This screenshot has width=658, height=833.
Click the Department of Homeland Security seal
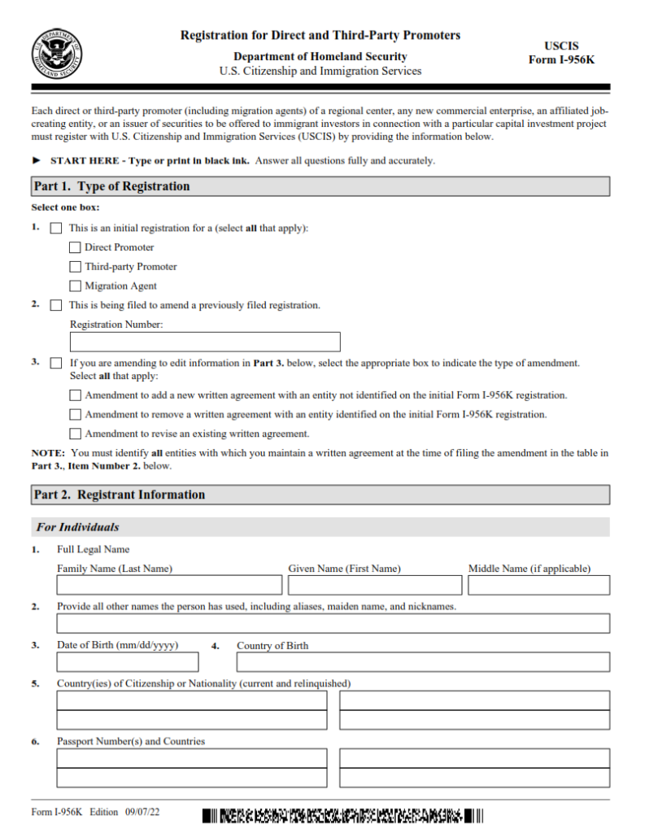(x=58, y=54)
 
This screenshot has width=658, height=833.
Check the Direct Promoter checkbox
(x=76, y=247)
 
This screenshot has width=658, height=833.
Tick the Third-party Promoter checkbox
(x=76, y=267)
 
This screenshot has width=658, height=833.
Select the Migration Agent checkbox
(x=76, y=286)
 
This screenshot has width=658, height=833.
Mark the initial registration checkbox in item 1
(x=56, y=229)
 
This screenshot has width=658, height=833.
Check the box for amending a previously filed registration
(x=56, y=306)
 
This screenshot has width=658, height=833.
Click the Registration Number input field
(x=205, y=342)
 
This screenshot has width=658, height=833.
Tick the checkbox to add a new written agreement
(x=76, y=395)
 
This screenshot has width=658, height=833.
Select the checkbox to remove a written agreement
(x=76, y=415)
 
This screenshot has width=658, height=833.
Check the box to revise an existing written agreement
(x=76, y=434)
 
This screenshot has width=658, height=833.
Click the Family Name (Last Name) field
(x=169, y=585)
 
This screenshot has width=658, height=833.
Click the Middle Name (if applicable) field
(x=538, y=585)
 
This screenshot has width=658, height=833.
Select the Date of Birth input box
(x=127, y=661)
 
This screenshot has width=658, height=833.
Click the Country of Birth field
(x=423, y=661)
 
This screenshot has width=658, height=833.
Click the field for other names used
(x=333, y=623)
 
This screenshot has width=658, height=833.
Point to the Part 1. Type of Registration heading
(x=112, y=186)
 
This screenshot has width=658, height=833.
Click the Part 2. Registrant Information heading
(x=120, y=495)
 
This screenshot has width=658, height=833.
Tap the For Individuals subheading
(x=78, y=527)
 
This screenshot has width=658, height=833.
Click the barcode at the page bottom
(x=342, y=815)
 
